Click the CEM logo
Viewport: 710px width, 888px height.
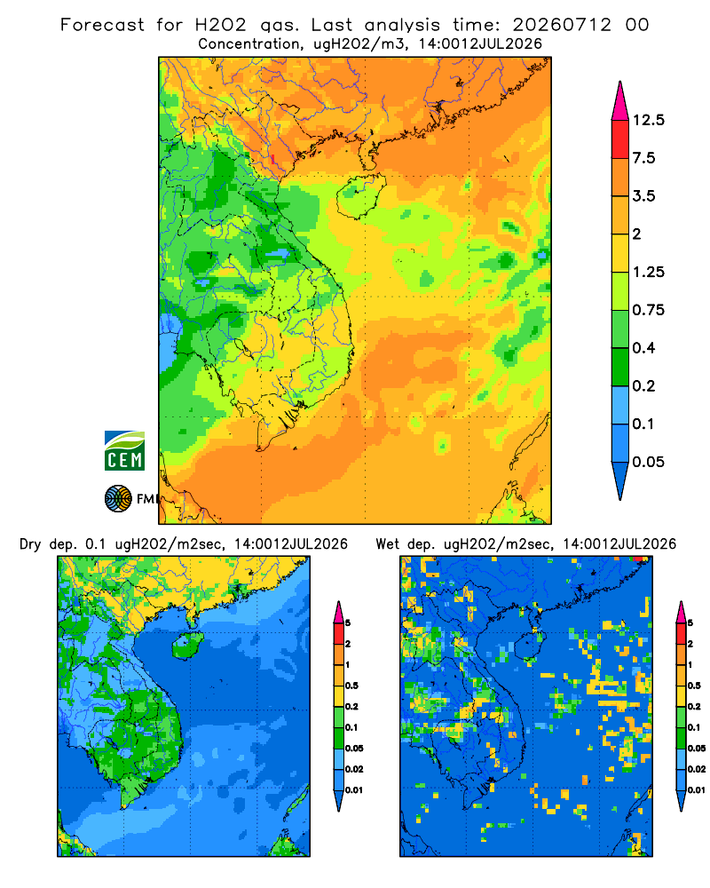[124, 450]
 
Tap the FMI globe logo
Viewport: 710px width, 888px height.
[118, 499]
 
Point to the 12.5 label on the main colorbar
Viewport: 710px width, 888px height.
[649, 120]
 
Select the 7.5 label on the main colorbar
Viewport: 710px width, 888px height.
[643, 158]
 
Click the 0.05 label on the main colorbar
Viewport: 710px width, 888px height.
[648, 462]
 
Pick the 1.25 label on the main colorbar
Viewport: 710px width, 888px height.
[648, 272]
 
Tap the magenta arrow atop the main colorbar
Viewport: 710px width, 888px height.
[620, 100]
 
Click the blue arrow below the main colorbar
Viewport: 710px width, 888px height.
[620, 480]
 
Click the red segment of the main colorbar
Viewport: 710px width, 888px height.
[620, 139]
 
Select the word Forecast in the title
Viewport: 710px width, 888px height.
[102, 25]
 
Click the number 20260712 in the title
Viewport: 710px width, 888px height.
[562, 25]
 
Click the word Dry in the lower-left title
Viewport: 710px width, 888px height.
[30, 545]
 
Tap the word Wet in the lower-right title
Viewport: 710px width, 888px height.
[388, 544]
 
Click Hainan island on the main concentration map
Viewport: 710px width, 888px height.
[360, 195]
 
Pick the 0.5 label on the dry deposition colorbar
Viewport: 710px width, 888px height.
[351, 686]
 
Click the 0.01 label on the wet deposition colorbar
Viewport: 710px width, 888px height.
[697, 790]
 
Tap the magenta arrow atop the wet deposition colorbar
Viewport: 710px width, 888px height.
[681, 612]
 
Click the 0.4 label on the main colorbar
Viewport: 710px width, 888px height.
[643, 348]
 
